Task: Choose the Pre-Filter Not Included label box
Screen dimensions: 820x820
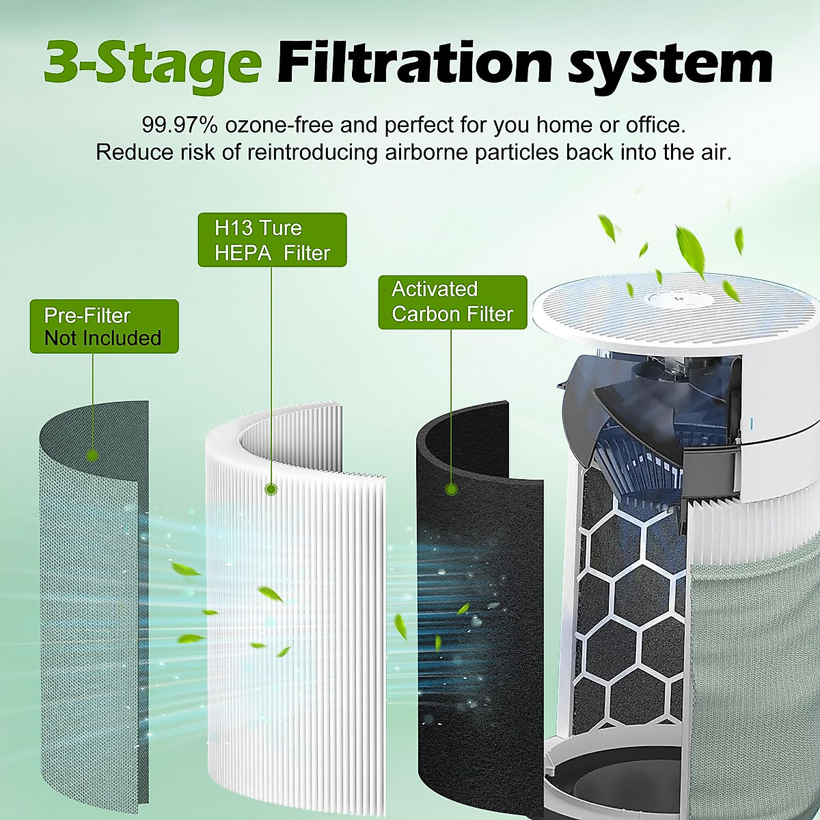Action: point(104,327)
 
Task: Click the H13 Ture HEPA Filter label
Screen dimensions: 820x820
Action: point(272,240)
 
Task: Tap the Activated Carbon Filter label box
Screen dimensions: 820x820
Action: point(452,302)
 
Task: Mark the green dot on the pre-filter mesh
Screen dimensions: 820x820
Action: point(92,456)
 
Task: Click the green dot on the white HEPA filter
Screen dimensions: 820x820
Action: point(271,489)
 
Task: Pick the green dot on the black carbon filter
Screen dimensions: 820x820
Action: point(451,489)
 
